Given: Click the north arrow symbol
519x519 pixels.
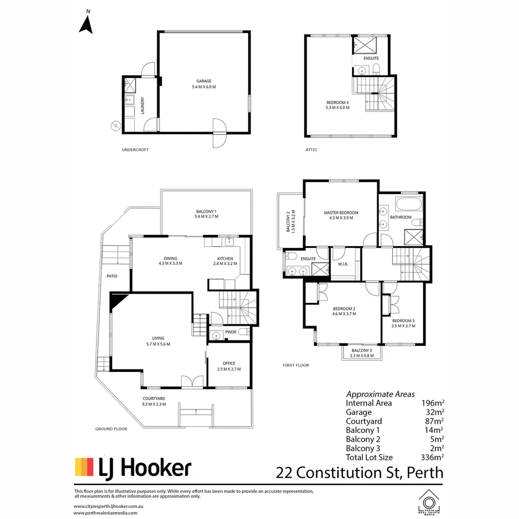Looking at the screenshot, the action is (x=86, y=25).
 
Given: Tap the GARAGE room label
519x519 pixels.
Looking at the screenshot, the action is (x=204, y=81).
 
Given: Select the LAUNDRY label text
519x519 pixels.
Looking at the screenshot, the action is (x=143, y=106).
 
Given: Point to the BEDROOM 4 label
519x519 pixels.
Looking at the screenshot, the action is (x=338, y=103).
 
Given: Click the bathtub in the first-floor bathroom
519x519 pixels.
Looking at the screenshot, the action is (x=409, y=204).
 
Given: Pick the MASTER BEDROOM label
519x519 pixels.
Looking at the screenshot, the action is (x=341, y=213).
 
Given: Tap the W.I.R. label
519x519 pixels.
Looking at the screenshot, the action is (x=343, y=264).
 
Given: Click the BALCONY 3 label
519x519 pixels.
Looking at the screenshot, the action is (x=362, y=350).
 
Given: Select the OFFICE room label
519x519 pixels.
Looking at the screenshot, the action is (x=229, y=363).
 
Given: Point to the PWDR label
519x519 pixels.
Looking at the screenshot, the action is (x=231, y=332).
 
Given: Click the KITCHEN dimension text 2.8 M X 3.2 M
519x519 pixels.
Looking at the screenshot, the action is (x=225, y=264).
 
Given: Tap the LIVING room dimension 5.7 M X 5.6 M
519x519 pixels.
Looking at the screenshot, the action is (x=158, y=344).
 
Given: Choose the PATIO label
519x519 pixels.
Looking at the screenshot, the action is (x=112, y=276).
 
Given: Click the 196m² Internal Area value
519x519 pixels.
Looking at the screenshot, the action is (x=432, y=403).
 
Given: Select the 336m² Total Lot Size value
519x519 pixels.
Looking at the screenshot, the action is (x=432, y=457).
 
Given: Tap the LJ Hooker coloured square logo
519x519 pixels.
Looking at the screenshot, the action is (x=85, y=467).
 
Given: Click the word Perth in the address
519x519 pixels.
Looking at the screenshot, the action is (x=425, y=473).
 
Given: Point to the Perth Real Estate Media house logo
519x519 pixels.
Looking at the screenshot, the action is (x=429, y=503).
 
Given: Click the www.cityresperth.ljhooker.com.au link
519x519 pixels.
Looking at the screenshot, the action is (x=109, y=507).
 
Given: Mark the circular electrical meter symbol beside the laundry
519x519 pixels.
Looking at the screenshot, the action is (x=116, y=126).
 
